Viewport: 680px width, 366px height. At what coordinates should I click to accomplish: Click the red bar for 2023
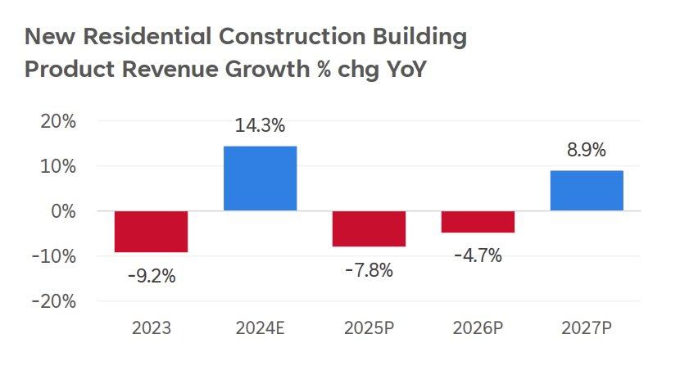pyautogui.click(x=151, y=232)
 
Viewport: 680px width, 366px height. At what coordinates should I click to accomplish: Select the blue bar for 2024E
pyautogui.click(x=260, y=178)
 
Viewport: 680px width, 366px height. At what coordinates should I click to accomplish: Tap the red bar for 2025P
pyautogui.click(x=369, y=228)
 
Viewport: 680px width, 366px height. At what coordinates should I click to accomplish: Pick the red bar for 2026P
pyautogui.click(x=478, y=222)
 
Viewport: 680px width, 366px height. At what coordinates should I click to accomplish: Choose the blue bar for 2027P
pyautogui.click(x=587, y=191)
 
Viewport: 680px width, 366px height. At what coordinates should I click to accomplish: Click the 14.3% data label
pyautogui.click(x=260, y=126)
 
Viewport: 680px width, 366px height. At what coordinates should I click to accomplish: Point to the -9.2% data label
pyautogui.click(x=152, y=276)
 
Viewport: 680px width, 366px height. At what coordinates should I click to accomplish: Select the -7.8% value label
pyautogui.click(x=369, y=269)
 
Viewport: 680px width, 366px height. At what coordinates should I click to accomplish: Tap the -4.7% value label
pyautogui.click(x=478, y=255)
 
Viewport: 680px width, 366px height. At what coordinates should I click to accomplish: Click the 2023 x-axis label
pyautogui.click(x=152, y=330)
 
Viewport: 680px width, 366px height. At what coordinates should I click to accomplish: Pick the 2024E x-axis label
pyautogui.click(x=260, y=330)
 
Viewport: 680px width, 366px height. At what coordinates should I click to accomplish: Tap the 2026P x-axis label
pyautogui.click(x=478, y=330)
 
